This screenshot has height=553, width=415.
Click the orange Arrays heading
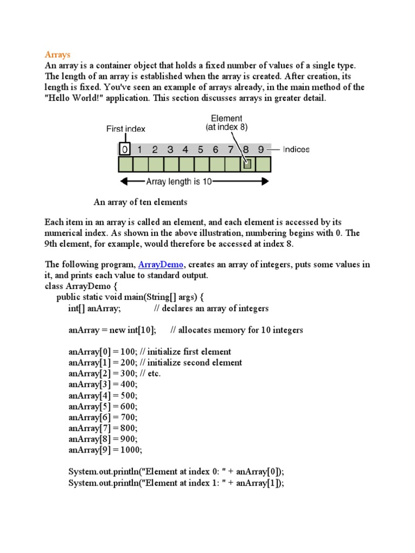(57, 55)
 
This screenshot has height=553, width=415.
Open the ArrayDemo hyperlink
(160, 265)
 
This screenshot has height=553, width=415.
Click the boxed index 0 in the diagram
(125, 149)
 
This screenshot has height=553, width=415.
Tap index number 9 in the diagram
(261, 150)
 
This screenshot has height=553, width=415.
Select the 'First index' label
(125, 129)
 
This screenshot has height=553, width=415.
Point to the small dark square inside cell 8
(247, 164)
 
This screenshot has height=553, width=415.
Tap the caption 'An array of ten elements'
(140, 203)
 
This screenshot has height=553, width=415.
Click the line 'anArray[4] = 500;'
(103, 395)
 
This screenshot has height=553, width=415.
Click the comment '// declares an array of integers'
(211, 308)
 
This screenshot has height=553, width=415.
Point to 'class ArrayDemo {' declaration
(78, 286)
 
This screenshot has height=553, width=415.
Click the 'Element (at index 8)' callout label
(226, 123)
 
